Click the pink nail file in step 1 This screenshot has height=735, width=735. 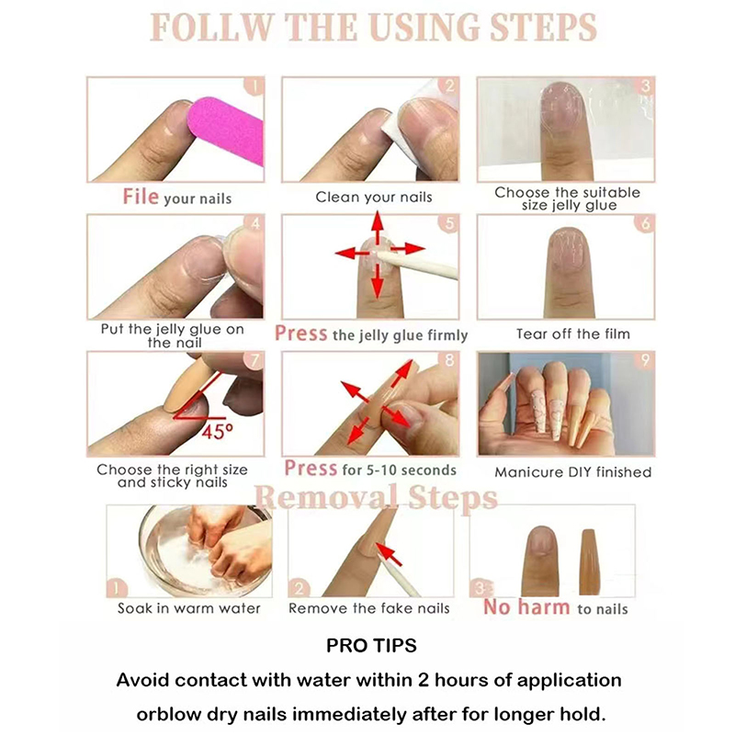click(226, 129)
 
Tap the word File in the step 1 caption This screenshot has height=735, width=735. click(141, 197)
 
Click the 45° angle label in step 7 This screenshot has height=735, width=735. click(217, 431)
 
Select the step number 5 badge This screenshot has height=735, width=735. click(449, 223)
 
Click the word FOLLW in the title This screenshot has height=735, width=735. click(211, 28)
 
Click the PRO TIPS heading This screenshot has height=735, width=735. click(371, 646)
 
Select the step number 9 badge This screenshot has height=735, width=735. click(645, 360)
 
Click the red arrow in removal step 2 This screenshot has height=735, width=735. click(389, 554)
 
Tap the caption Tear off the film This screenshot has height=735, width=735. click(572, 334)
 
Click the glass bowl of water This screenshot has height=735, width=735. click(205, 550)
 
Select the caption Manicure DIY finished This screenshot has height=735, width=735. click(572, 472)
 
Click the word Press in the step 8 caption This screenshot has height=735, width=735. click(311, 469)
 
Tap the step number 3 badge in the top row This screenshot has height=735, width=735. click(645, 85)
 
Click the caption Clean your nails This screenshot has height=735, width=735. click(374, 197)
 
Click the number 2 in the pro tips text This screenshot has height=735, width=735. click(424, 680)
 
